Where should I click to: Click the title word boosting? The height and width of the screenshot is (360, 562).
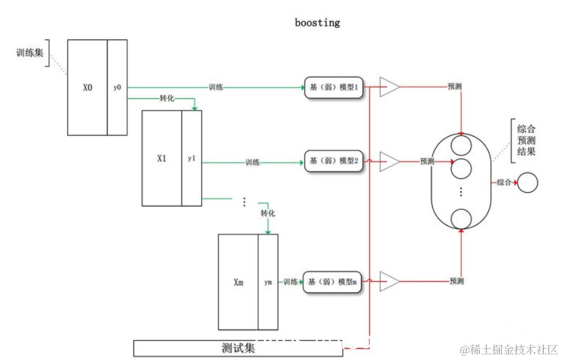pyautogui.click(x=317, y=23)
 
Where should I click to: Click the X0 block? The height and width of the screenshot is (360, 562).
pyautogui.click(x=87, y=87)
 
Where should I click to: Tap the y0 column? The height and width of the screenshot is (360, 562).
pyautogui.click(x=117, y=87)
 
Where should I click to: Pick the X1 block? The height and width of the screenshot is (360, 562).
pyautogui.click(x=162, y=158)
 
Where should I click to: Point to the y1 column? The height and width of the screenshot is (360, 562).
pyautogui.click(x=191, y=158)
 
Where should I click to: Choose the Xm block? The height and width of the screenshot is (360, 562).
pyautogui.click(x=239, y=282)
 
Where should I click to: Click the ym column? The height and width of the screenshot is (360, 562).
pyautogui.click(x=268, y=282)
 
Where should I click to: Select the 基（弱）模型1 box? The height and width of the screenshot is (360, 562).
pyautogui.click(x=333, y=87)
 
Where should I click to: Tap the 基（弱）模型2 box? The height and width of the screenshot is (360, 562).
pyautogui.click(x=333, y=161)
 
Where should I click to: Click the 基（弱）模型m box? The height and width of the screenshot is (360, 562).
pyautogui.click(x=333, y=282)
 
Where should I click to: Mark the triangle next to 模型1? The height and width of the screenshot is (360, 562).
pyautogui.click(x=389, y=87)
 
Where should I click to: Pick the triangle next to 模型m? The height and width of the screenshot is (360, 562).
pyautogui.click(x=389, y=282)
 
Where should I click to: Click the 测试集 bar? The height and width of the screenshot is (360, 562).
pyautogui.click(x=238, y=348)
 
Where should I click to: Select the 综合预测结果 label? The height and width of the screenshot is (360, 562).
pyautogui.click(x=526, y=140)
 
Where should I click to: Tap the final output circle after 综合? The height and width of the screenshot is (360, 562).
pyautogui.click(x=528, y=182)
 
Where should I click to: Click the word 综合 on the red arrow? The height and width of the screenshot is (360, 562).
pyautogui.click(x=504, y=182)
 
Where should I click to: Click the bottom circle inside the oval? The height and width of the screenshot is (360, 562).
pyautogui.click(x=461, y=218)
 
